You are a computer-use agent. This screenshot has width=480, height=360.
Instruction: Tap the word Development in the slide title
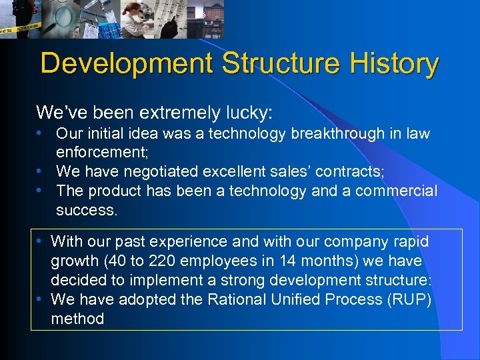(126, 64)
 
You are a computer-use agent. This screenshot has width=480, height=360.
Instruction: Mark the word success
(86, 211)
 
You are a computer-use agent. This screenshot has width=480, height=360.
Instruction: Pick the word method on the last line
(77, 319)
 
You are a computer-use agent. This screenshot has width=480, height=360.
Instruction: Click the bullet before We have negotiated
(41, 172)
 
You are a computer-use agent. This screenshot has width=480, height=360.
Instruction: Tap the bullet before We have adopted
(41, 299)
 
